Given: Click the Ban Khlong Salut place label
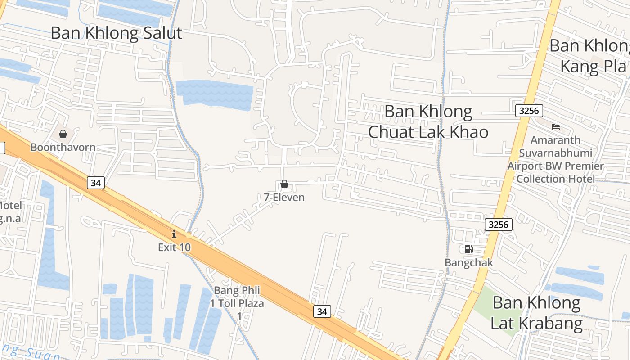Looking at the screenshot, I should pos(116,33).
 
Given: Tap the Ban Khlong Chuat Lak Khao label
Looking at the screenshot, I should pos(428,121).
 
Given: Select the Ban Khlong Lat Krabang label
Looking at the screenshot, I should pos(536,313).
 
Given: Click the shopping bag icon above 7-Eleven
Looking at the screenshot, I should pos(284,184).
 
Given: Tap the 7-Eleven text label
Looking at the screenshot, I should pos(284,197).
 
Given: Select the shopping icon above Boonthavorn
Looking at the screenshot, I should pos(63,134).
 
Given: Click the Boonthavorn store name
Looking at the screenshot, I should pos(63,147).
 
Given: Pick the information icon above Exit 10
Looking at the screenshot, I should pos(174,234).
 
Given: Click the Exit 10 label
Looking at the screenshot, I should pos(174,247).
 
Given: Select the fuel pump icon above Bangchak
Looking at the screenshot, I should pos(468,249).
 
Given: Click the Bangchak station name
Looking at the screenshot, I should pos(469,262).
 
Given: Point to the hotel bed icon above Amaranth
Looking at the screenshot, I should pos(556,127).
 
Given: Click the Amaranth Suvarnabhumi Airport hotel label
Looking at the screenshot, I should pos(555,159).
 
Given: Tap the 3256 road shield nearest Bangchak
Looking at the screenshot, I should pos(499,224).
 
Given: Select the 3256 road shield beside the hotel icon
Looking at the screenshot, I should pos(529,111).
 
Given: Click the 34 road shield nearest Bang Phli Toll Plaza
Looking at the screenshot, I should pos(322,311).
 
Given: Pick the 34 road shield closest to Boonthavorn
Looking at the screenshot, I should pos(95,182).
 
